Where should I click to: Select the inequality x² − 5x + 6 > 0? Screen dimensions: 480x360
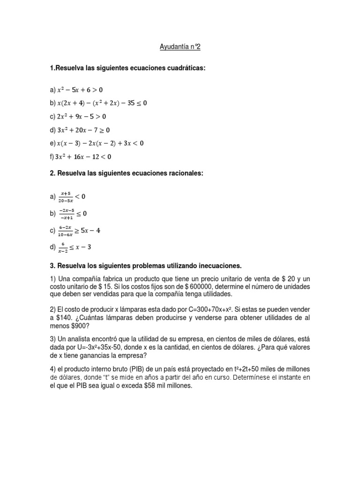click(80, 90)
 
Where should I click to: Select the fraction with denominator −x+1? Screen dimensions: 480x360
click(65, 213)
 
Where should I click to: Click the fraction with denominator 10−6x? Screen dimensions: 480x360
click(65, 231)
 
